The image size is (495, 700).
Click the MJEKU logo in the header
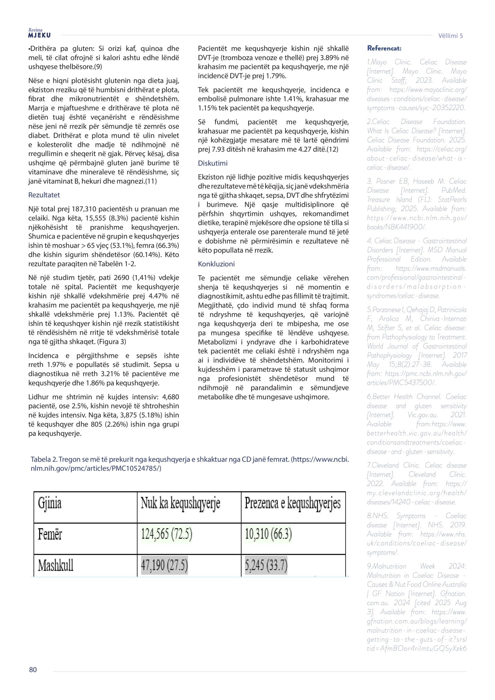coord(39,34)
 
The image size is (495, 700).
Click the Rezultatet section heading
coord(44,195)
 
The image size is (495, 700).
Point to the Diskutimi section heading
coord(212,163)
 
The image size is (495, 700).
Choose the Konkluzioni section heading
coord(216,264)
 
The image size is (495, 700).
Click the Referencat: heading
coord(384,48)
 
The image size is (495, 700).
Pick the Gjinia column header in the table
coord(50,503)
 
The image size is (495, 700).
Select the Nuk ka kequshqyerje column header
coord(180,503)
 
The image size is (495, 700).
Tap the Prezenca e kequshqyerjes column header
coord(292,503)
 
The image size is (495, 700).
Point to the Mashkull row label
coord(56,565)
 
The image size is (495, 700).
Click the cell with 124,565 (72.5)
coord(167,534)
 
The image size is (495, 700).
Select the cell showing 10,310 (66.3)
coord(268,534)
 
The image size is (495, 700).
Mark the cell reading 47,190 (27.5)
coord(164,565)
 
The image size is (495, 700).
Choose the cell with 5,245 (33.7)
coord(266,565)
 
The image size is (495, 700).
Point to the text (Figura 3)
coord(112,342)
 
